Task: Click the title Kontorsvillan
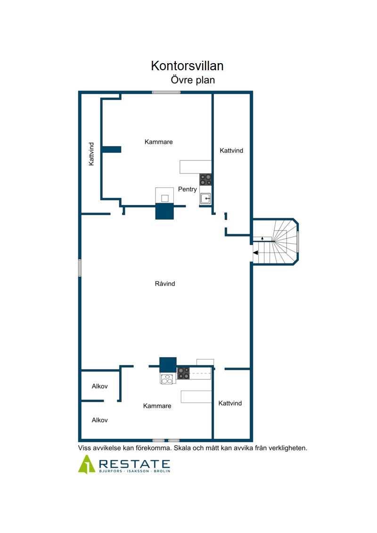point(187,66)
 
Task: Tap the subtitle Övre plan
point(193,80)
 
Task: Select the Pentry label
point(187,189)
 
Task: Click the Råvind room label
point(165,284)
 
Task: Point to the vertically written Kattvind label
point(91,154)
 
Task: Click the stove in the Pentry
point(205,180)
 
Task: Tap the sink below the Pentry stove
point(205,198)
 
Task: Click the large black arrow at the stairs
point(255,253)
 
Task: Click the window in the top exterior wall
point(166,92)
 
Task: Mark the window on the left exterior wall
point(80,268)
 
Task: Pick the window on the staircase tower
point(297,242)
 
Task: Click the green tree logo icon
point(87,464)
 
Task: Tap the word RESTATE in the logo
point(135,464)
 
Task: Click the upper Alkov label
point(99,386)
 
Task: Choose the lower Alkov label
point(99,420)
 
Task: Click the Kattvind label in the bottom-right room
point(230,403)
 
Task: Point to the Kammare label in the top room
point(158,142)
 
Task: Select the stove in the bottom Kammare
point(183,373)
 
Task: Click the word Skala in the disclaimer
point(182,448)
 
